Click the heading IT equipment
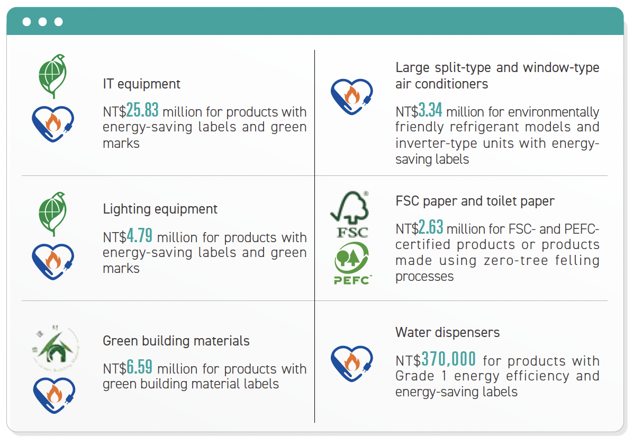[x=141, y=84]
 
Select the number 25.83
[x=142, y=110]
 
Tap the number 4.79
[x=139, y=236]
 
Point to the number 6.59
[x=139, y=367]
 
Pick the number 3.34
[x=430, y=110]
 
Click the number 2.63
[x=431, y=227]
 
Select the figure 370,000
[x=448, y=359]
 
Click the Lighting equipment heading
[x=160, y=209]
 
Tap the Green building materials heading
[x=176, y=341]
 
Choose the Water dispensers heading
[x=447, y=332]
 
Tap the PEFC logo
[x=352, y=263]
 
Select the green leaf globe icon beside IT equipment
[x=52, y=76]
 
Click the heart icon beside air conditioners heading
[x=351, y=96]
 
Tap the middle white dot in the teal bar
[x=42, y=22]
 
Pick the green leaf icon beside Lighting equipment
[x=52, y=214]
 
